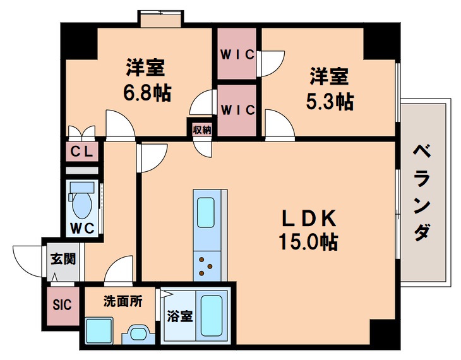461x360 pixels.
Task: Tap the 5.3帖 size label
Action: [x=331, y=101]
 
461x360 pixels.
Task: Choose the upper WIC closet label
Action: [x=237, y=55]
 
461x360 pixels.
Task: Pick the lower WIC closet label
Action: [x=237, y=109]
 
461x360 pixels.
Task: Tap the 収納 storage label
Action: [x=201, y=129]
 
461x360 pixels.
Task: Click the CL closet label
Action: [x=82, y=152]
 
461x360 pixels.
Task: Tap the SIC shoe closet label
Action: [x=62, y=304]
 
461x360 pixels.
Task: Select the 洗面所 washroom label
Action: [x=123, y=301]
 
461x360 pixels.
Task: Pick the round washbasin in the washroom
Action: [x=137, y=333]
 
